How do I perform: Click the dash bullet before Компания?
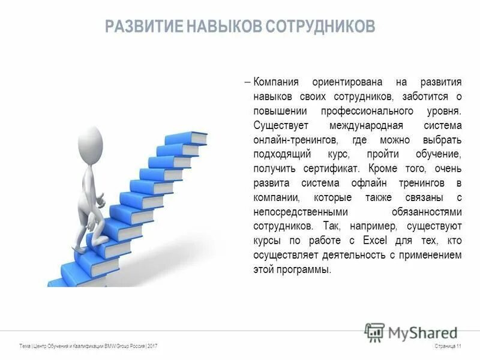point(248,82)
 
